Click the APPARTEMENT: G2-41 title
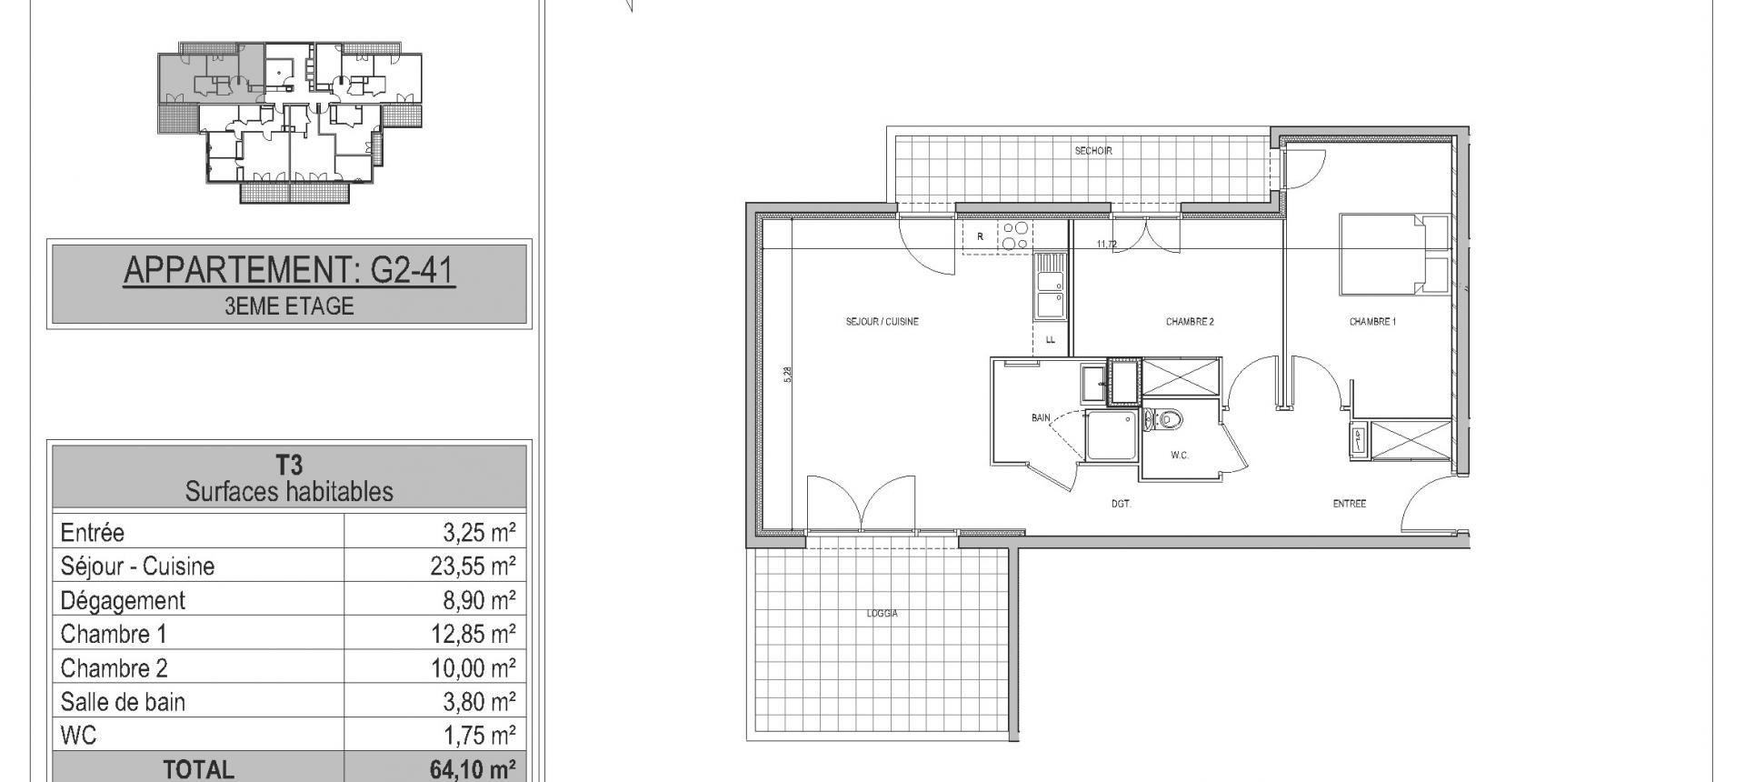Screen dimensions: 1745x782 pyautogui.click(x=289, y=271)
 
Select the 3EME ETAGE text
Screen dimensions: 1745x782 pyautogui.click(x=289, y=306)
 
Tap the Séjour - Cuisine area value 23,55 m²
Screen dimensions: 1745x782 pyautogui.click(x=473, y=566)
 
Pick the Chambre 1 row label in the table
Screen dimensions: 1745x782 pyautogui.click(x=114, y=634)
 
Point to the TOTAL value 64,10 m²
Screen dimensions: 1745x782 pyautogui.click(x=473, y=769)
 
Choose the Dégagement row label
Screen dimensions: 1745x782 pyautogui.click(x=123, y=601)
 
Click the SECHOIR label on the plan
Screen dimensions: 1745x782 pyautogui.click(x=1093, y=151)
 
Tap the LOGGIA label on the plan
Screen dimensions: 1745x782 pyautogui.click(x=882, y=614)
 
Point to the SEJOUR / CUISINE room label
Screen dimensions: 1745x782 pyautogui.click(x=882, y=322)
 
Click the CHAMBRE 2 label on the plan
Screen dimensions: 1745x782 pyautogui.click(x=1190, y=322)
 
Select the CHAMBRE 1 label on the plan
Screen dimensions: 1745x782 pyautogui.click(x=1372, y=322)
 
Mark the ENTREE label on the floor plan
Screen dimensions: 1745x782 pyautogui.click(x=1350, y=504)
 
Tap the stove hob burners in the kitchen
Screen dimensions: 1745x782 pyautogui.click(x=1015, y=236)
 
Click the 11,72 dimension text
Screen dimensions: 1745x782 pyautogui.click(x=1107, y=244)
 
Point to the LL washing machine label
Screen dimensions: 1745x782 pyautogui.click(x=1051, y=340)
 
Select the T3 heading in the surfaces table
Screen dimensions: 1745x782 pyautogui.click(x=289, y=466)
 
